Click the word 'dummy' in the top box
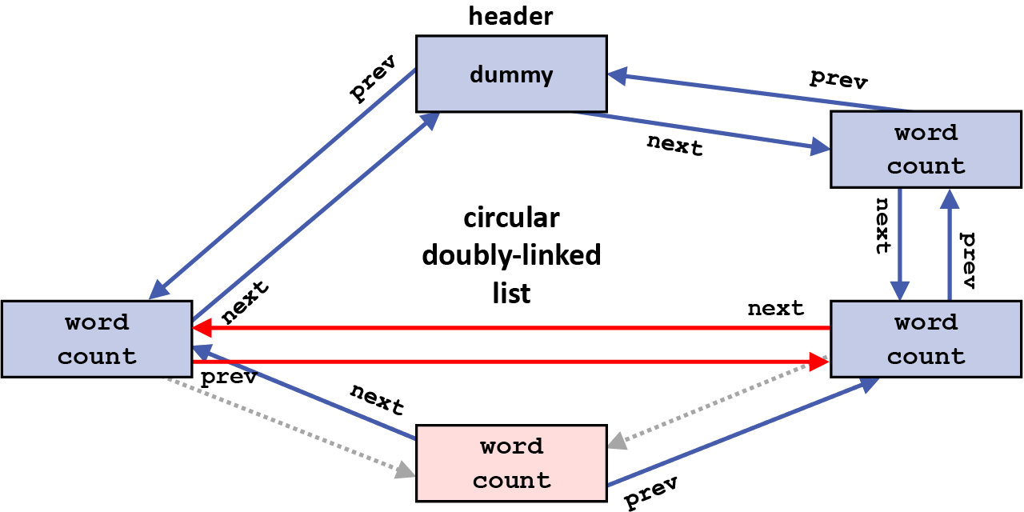511,75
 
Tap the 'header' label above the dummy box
510,15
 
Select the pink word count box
511,463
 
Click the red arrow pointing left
512,328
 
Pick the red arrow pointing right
512,362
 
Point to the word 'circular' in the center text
511,218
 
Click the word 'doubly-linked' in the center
511,255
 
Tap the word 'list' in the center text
511,293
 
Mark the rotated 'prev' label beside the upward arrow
967,261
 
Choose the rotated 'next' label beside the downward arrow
882,226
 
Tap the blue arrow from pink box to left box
304,392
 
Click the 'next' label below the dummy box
674,146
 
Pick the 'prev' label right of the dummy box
838,79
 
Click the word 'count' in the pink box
511,481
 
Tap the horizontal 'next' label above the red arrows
775,309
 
